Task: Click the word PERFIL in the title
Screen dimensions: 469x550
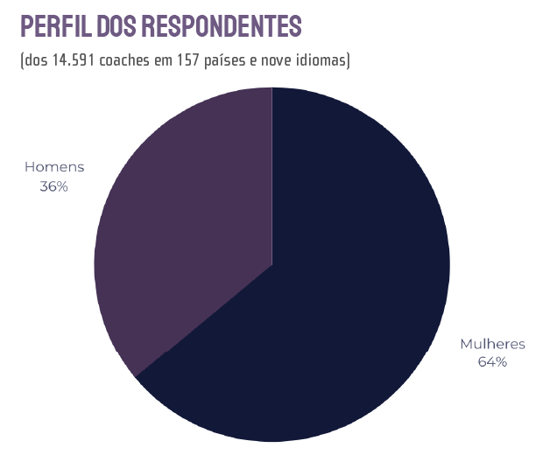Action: click(x=55, y=27)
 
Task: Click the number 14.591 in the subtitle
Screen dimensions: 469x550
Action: click(x=73, y=60)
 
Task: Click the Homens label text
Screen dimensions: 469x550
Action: click(x=54, y=167)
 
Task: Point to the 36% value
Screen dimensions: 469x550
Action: click(x=54, y=185)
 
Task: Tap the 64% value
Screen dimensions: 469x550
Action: click(x=492, y=362)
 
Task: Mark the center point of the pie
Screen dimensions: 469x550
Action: click(x=272, y=264)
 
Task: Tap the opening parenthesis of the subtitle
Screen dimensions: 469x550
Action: click(x=20, y=60)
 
